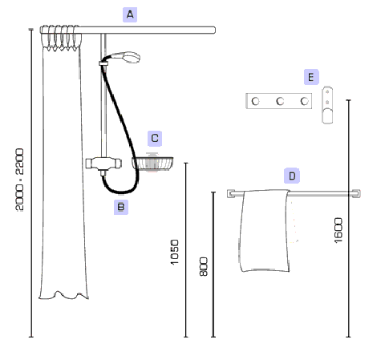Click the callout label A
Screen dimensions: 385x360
130,14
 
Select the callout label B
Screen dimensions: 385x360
121,207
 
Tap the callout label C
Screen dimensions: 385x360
155,138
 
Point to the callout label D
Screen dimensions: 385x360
292,176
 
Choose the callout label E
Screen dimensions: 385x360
311,77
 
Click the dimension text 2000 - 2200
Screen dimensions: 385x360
20,180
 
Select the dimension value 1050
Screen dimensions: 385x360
174,252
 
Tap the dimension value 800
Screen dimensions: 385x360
204,266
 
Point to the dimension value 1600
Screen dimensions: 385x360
338,230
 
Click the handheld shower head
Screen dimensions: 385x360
126,57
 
